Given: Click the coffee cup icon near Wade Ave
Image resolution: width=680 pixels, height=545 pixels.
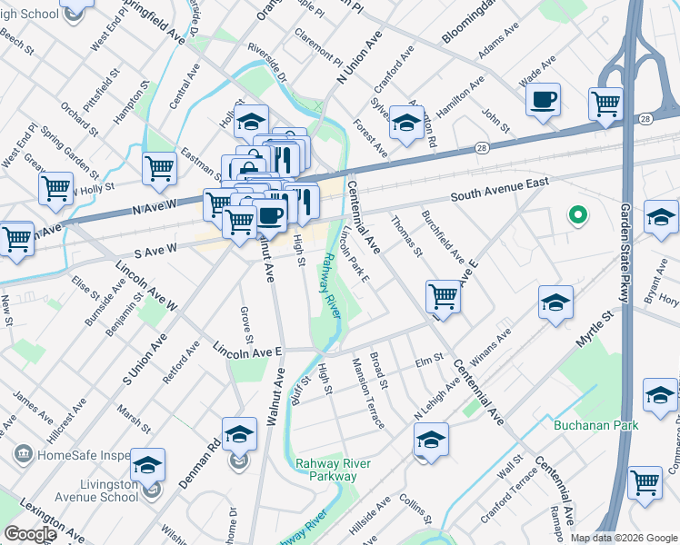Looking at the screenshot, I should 543,100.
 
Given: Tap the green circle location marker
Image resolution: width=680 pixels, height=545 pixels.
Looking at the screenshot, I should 575,216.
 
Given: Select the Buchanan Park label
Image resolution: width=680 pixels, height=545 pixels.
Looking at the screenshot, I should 596,425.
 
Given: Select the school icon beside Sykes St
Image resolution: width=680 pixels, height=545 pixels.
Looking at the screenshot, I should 406,123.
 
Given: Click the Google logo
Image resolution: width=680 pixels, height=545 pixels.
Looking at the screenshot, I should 30,534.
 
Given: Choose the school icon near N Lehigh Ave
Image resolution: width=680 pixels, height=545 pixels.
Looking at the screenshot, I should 431,441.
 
